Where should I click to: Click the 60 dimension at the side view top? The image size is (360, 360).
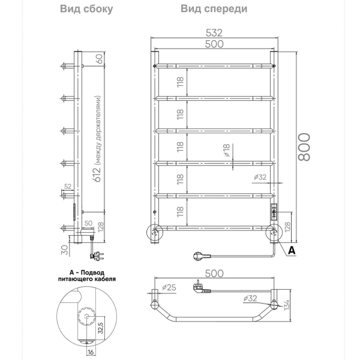pyautogui.click(x=100, y=59)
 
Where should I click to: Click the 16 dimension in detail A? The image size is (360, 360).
pyautogui.click(x=91, y=353)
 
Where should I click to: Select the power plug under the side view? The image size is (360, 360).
pyautogui.click(x=95, y=256)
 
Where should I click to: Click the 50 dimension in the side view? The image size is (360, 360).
pyautogui.click(x=88, y=223)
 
